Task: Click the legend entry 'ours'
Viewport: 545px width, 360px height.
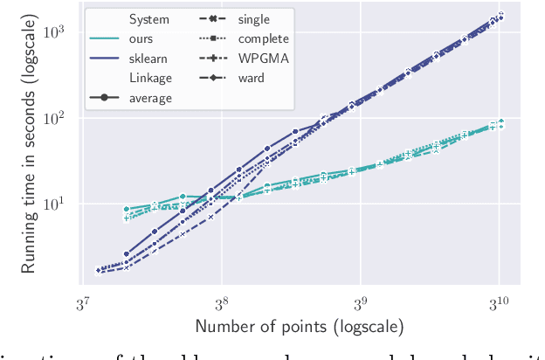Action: point(142,38)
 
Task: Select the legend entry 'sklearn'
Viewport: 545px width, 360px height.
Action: point(149,59)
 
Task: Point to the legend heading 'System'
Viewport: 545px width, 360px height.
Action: point(149,19)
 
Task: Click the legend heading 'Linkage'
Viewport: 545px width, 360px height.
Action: point(151,78)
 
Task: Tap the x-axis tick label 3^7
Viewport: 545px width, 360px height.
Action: point(84,302)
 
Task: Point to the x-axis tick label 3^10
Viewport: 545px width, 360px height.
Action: point(499,302)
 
